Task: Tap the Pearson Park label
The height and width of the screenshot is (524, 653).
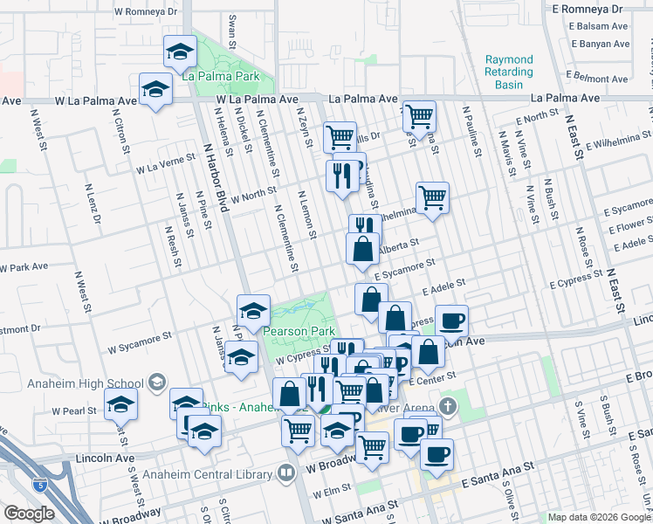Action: pyautogui.click(x=299, y=332)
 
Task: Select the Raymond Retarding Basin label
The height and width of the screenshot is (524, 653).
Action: pyautogui.click(x=509, y=72)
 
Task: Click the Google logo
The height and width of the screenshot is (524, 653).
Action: pyautogui.click(x=29, y=514)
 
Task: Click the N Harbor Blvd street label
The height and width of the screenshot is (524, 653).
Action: pyautogui.click(x=216, y=179)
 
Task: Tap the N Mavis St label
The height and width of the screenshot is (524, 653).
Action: pyautogui.click(x=505, y=155)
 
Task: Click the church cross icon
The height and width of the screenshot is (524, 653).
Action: pyautogui.click(x=448, y=406)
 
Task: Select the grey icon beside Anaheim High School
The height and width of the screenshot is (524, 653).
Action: pyautogui.click(x=156, y=382)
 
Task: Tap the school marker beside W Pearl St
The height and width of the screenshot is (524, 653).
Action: pyautogui.click(x=120, y=403)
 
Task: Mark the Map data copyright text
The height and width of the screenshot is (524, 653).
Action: pyautogui.click(x=599, y=517)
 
